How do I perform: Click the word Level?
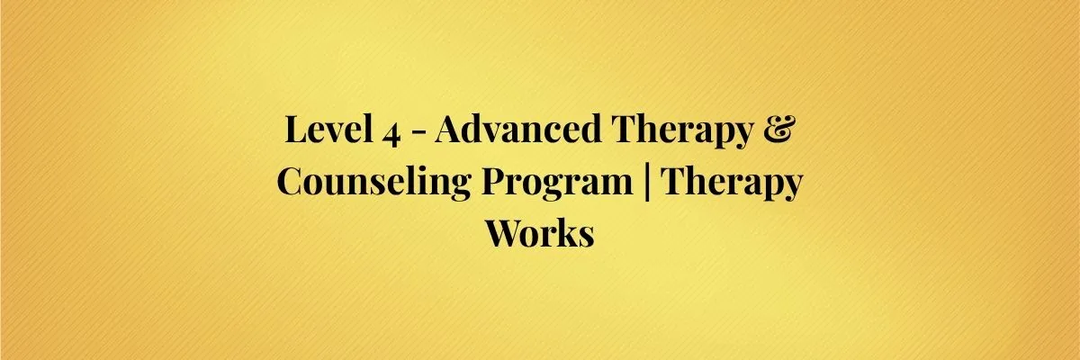tap(328, 129)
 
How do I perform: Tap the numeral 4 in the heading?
tap(391, 134)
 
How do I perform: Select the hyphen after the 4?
tap(419, 133)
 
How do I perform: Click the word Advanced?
tap(518, 129)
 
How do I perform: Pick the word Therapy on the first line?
tap(682, 132)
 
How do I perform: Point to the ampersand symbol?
tap(778, 130)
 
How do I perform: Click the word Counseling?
tap(373, 184)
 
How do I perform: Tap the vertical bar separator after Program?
tap(646, 183)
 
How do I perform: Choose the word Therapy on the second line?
tap(731, 185)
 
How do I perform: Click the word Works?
tap(539, 233)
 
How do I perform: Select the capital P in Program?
tap(495, 181)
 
